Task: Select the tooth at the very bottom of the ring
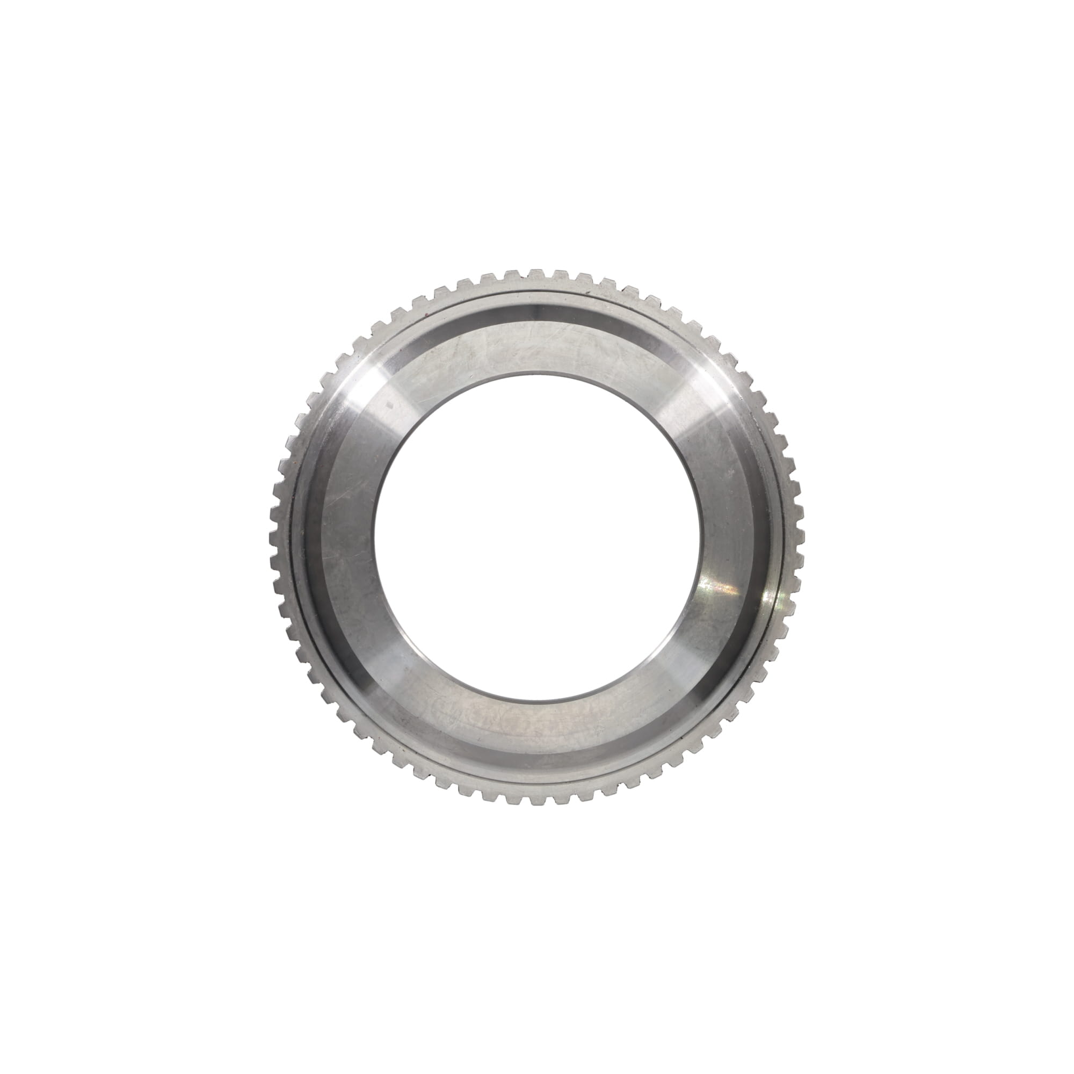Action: [x=537, y=799]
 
